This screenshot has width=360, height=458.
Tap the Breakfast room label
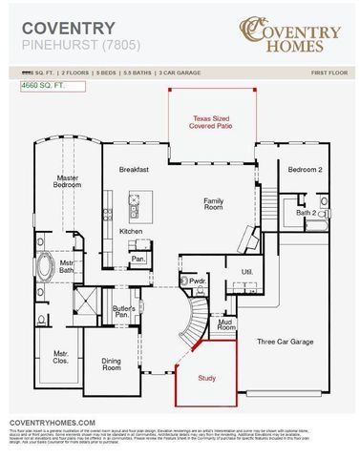coord(134,169)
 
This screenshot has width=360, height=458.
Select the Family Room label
coord(212,206)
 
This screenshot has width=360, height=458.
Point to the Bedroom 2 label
coord(306,169)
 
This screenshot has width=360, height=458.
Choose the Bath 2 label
coord(306,213)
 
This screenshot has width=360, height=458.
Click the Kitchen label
coord(131,231)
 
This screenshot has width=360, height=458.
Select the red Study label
coord(206,379)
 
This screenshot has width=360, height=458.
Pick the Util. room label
coord(246,273)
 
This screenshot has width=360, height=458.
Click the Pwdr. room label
coord(199,282)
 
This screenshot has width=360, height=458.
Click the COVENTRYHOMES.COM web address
coord(52,422)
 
